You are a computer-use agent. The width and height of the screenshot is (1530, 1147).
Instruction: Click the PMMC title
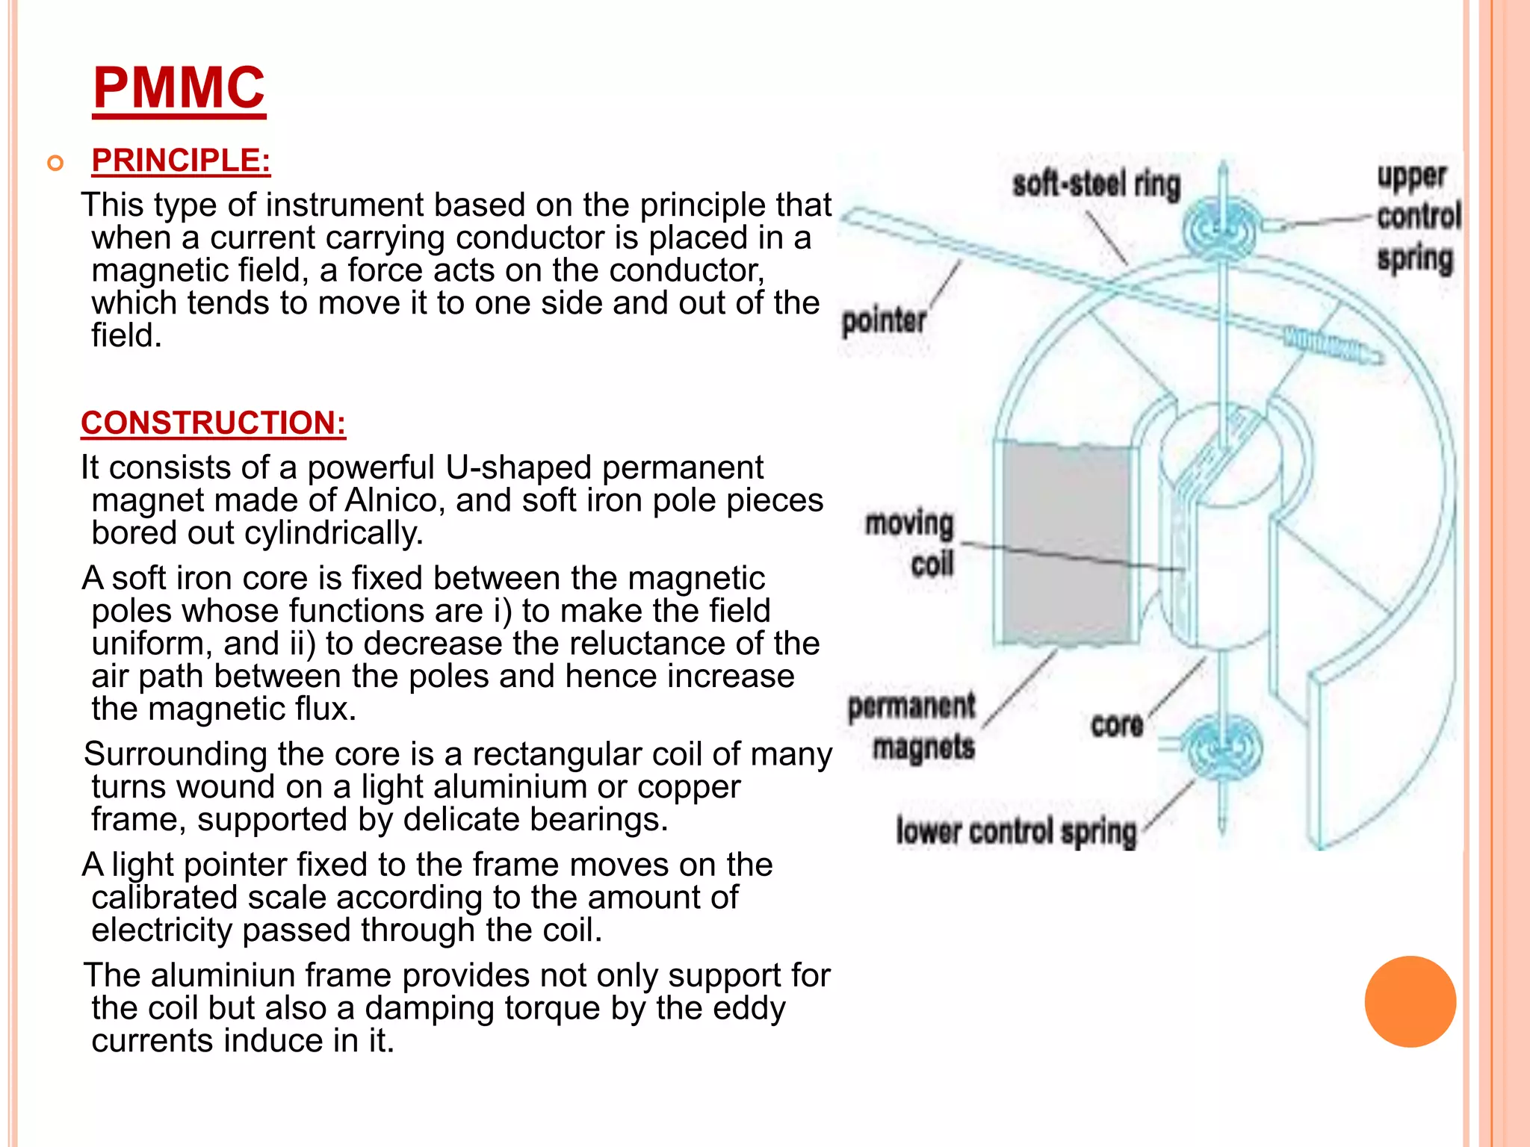point(179,87)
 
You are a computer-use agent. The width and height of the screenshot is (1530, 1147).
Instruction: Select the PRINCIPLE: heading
point(181,161)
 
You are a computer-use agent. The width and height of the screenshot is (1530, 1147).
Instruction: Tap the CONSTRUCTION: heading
point(214,423)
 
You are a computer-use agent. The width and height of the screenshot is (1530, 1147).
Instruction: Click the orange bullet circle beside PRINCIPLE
point(55,163)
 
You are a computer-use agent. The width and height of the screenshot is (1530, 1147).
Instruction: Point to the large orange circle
point(1410,1001)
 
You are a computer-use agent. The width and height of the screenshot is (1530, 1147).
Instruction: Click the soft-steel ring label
point(1096,184)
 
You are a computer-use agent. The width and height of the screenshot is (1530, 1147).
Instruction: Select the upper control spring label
point(1417,217)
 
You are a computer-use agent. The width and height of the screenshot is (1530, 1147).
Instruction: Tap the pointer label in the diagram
point(884,321)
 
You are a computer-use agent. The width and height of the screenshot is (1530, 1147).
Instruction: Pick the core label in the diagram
point(1116,724)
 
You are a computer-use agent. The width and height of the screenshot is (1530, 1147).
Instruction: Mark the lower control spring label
point(1016,831)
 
